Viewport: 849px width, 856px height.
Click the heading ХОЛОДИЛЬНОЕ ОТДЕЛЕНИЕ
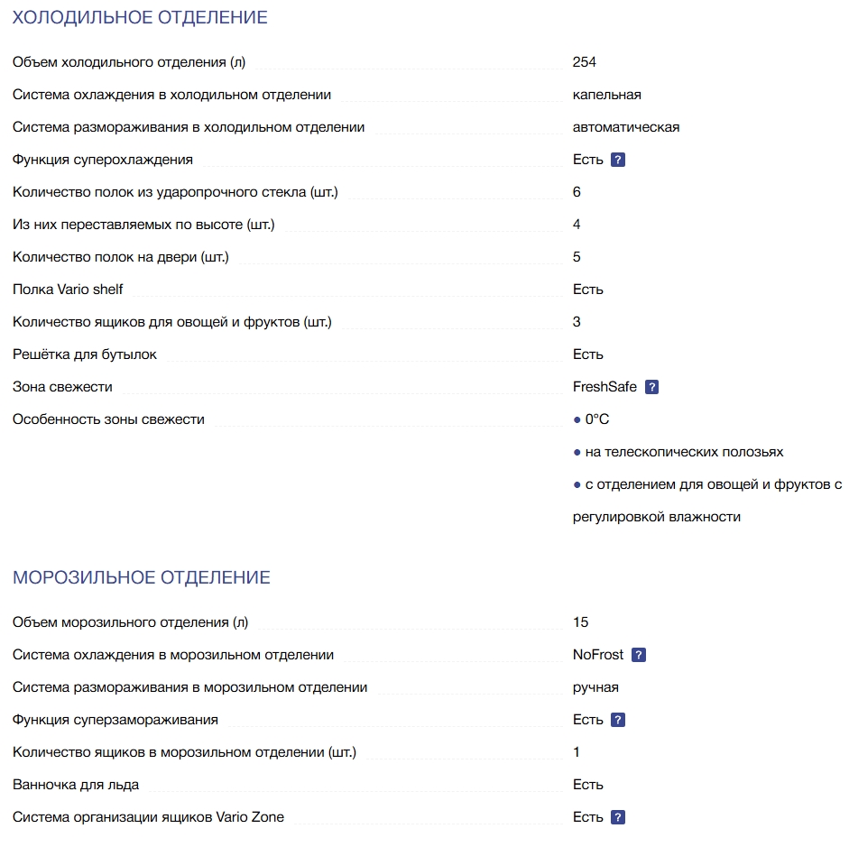(x=140, y=17)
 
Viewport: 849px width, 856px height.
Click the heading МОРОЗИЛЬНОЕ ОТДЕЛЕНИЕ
(x=142, y=577)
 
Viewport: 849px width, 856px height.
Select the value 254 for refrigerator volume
(x=584, y=62)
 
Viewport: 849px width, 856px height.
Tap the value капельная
(x=606, y=95)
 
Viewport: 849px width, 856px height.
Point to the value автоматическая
(x=625, y=127)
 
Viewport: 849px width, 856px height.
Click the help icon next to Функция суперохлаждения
(x=618, y=160)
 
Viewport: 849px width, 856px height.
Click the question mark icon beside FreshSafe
(x=652, y=387)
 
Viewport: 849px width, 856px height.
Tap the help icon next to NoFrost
(x=639, y=655)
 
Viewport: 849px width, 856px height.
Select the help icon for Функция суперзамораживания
(x=618, y=720)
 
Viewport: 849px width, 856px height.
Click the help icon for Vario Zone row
(x=618, y=817)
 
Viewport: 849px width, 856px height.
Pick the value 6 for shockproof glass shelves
(x=577, y=192)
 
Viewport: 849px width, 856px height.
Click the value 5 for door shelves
(x=577, y=257)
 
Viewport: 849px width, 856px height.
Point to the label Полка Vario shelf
(x=68, y=290)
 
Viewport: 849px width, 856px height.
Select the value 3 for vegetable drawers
(x=577, y=322)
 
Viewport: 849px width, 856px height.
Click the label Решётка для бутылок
(x=85, y=354)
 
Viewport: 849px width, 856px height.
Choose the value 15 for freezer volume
(x=580, y=622)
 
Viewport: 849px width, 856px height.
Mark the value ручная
(x=595, y=687)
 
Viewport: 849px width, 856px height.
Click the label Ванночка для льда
(x=76, y=785)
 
